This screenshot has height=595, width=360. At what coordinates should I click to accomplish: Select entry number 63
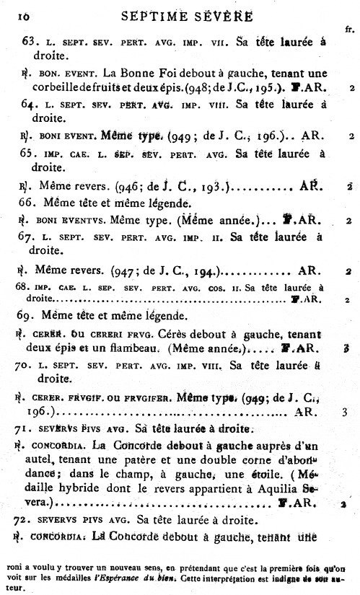(x=30, y=43)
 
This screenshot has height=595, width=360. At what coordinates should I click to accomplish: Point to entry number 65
(x=29, y=154)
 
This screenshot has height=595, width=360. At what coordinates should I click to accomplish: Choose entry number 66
(x=29, y=203)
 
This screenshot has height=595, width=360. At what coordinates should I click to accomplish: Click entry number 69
(x=29, y=315)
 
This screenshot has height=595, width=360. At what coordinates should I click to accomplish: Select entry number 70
(x=29, y=365)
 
